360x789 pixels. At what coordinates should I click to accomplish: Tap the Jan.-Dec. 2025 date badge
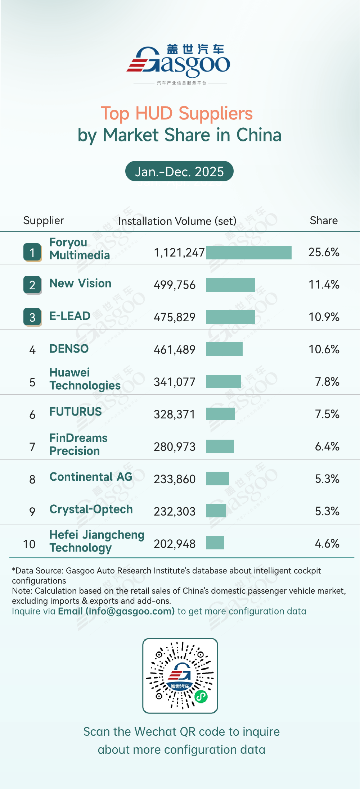(x=179, y=171)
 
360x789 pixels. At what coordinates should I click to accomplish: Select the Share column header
(x=324, y=220)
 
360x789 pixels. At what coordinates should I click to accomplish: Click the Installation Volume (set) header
(x=177, y=221)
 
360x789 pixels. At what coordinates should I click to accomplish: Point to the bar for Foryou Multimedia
(x=248, y=253)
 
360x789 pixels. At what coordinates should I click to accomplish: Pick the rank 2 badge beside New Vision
(x=32, y=285)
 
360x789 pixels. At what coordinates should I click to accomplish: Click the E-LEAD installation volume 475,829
(x=175, y=317)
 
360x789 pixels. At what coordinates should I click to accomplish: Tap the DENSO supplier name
(x=69, y=349)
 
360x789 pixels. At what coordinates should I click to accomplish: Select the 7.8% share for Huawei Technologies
(x=327, y=382)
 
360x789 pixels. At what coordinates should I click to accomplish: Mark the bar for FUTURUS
(x=220, y=414)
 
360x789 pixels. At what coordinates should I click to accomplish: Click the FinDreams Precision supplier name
(x=78, y=444)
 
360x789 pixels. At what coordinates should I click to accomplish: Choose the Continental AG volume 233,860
(x=175, y=479)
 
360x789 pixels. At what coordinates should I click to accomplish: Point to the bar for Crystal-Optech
(x=216, y=511)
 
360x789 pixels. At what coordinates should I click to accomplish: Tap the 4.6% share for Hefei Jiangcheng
(x=327, y=544)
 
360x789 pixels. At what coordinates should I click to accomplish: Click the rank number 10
(x=30, y=544)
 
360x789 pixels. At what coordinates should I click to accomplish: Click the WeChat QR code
(x=180, y=676)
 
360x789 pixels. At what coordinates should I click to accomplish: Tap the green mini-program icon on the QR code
(x=201, y=697)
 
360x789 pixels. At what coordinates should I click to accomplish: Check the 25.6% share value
(x=324, y=252)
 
